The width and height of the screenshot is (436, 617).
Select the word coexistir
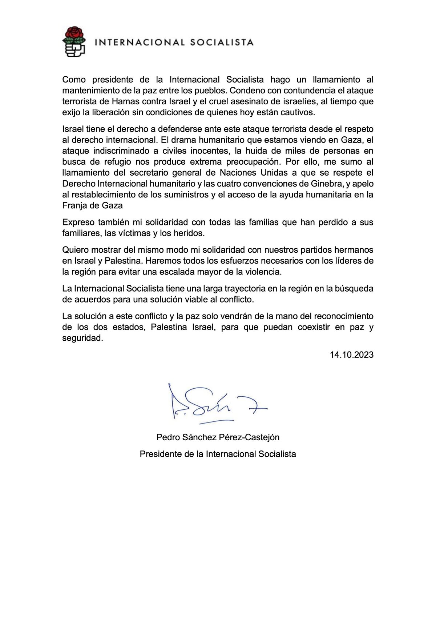[x=314, y=327]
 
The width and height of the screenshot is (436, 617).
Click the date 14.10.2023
[x=351, y=355]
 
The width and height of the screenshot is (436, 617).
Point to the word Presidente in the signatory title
[x=160, y=454]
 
